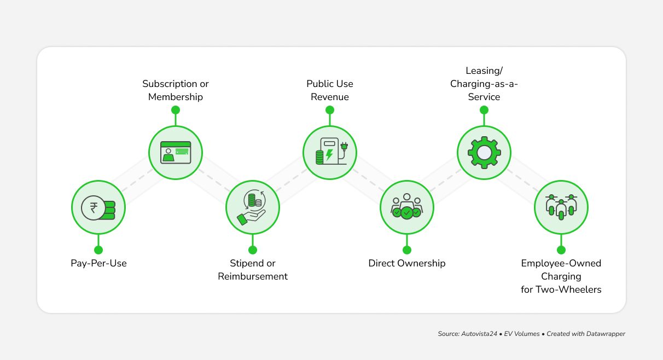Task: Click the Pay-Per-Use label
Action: (98, 263)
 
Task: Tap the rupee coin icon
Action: (98, 208)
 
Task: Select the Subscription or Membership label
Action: (176, 90)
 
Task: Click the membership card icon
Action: (176, 153)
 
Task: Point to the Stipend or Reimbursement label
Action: (253, 270)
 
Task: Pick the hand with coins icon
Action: (253, 208)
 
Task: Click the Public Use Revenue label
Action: (330, 90)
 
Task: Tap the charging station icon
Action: (330, 153)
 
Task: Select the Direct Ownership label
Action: (407, 263)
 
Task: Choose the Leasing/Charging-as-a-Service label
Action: (484, 84)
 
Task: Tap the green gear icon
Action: (484, 153)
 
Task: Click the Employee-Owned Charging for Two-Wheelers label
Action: (561, 276)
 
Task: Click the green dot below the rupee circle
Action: (98, 250)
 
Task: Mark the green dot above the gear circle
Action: (484, 110)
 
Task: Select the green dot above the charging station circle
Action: (330, 110)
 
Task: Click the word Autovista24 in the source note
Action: (479, 334)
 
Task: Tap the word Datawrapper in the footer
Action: (606, 334)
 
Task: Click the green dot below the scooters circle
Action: (561, 250)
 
